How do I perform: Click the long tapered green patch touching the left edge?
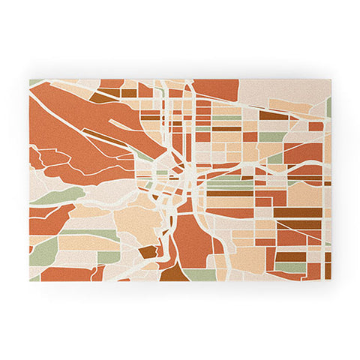56,197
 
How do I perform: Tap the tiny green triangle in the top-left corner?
34,82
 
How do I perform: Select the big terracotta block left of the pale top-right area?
217,89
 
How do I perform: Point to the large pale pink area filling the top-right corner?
285,91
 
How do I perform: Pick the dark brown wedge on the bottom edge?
173,272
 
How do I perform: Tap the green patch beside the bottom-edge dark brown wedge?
200,274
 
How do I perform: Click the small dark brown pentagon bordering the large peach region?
148,252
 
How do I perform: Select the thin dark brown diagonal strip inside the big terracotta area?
109,139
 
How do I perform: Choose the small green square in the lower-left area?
109,257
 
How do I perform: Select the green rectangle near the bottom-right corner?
290,267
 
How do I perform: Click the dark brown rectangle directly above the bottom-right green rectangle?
290,256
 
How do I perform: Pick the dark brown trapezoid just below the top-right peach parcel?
274,116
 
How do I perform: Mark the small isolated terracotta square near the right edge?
316,127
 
